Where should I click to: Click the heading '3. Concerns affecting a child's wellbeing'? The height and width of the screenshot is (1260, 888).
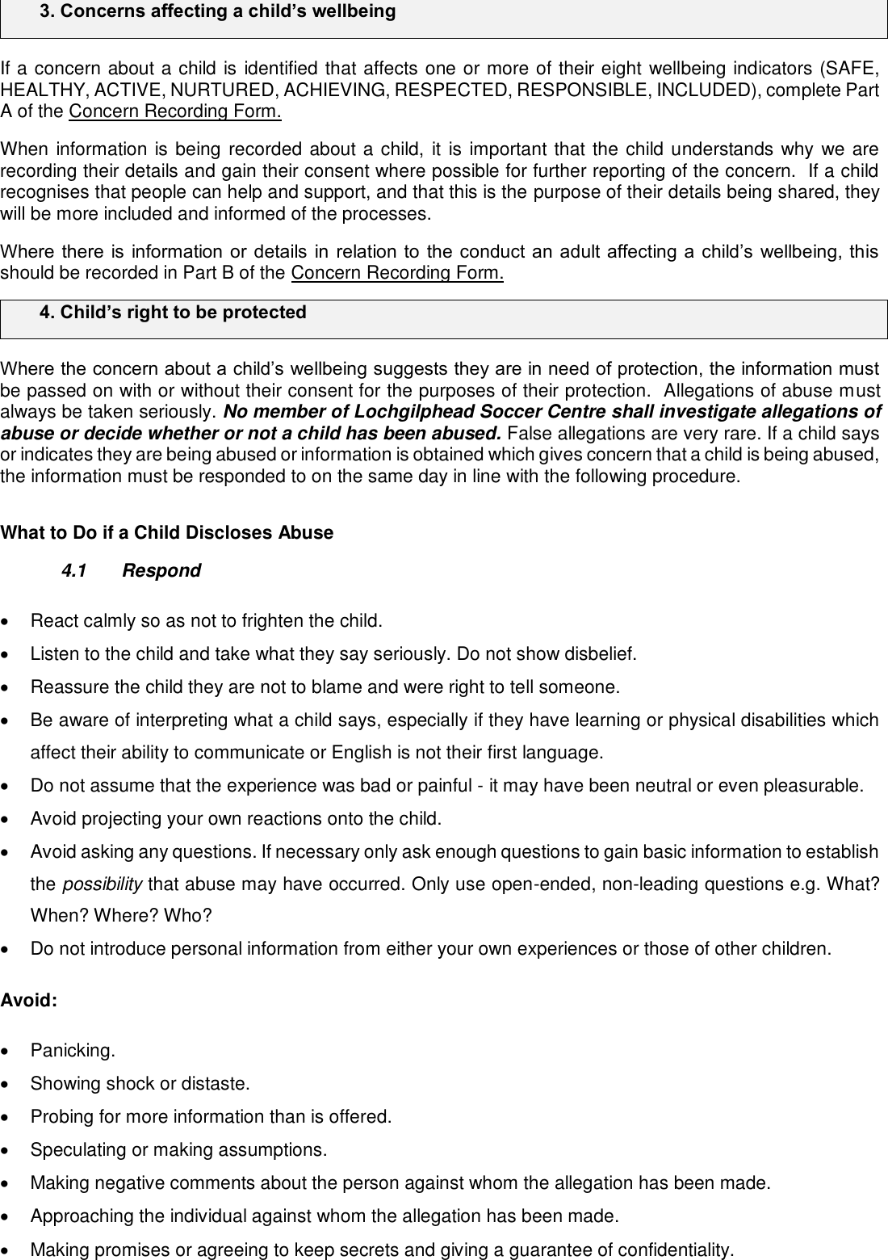pos(217,12)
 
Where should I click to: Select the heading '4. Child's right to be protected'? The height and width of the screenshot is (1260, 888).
pos(173,313)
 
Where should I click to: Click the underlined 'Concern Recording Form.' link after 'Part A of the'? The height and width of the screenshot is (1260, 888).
pos(175,111)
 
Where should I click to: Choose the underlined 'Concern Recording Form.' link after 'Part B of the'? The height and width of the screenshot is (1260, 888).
pos(397,273)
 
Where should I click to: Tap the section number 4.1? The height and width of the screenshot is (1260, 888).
pos(74,571)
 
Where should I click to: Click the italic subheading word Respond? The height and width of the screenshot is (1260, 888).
pos(161,571)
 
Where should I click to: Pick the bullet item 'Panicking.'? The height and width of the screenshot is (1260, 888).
pos(73,1051)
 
